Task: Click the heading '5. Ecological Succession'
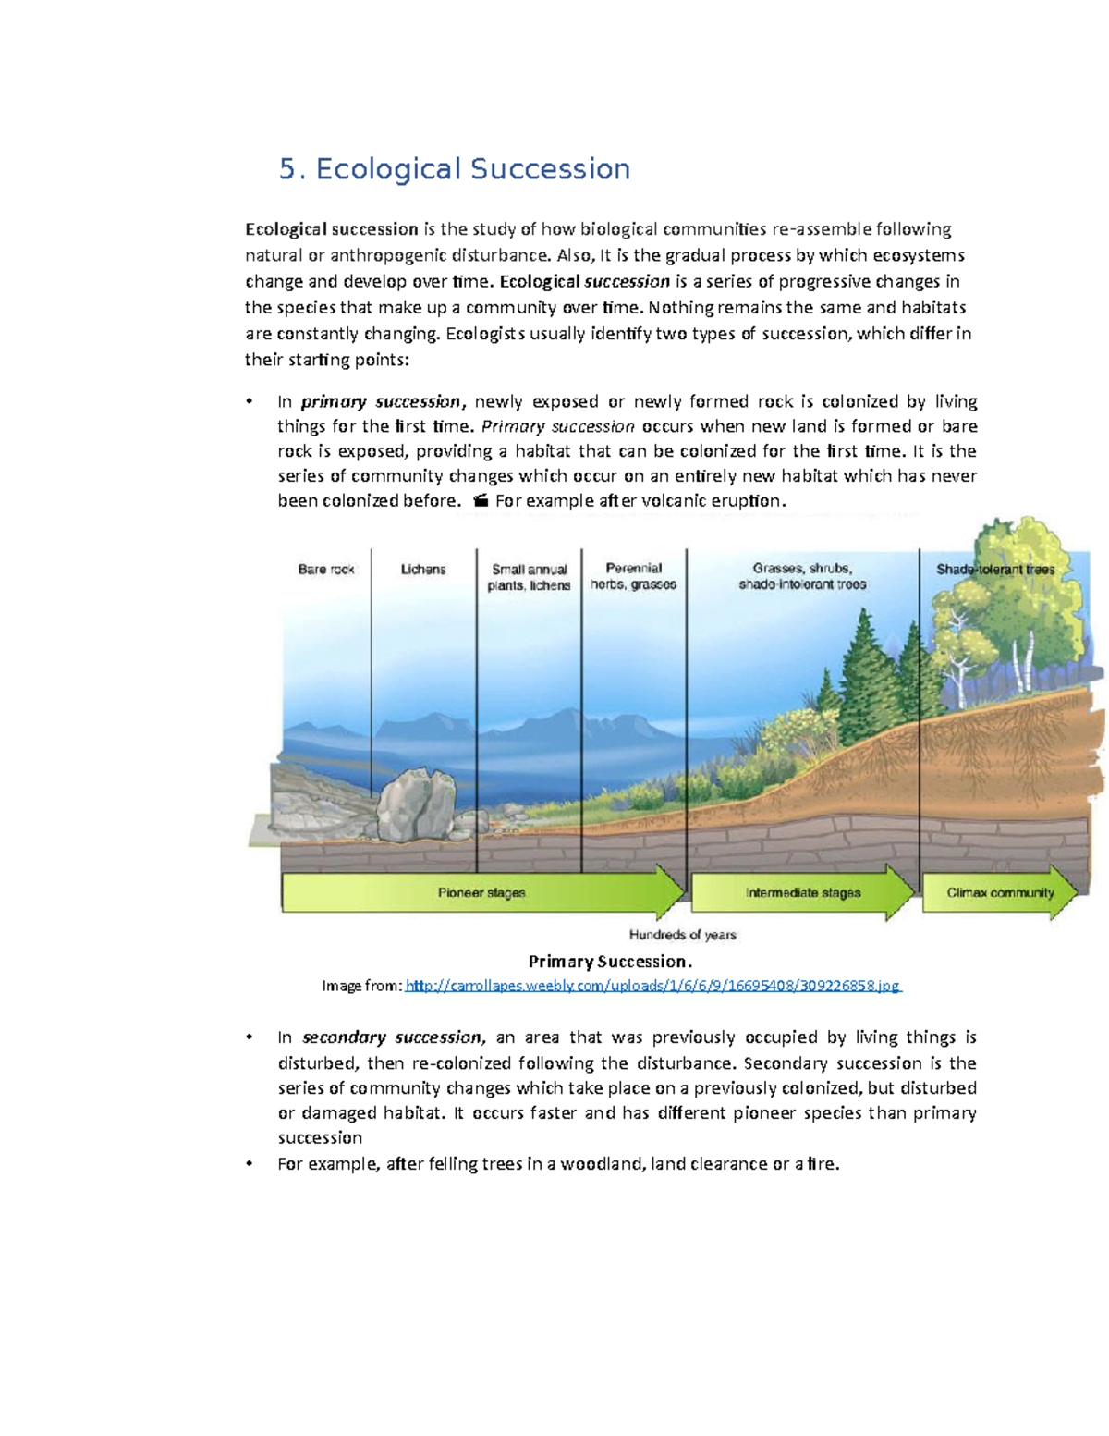(455, 169)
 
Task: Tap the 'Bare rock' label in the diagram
(325, 570)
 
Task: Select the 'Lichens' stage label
(423, 570)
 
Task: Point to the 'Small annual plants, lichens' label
(530, 578)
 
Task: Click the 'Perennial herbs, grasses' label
(634, 576)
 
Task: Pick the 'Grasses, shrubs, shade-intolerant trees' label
(802, 576)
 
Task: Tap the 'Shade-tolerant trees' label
(995, 570)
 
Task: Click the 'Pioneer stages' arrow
(481, 893)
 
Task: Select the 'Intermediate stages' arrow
(802, 893)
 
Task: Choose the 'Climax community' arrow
(1000, 893)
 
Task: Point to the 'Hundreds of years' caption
(682, 935)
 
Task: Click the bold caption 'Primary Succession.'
(610, 962)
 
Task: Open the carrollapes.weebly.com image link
(652, 986)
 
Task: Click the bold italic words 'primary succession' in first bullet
(381, 402)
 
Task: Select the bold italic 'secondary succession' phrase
(392, 1037)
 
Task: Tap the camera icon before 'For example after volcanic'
(480, 501)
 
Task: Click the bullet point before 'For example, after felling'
(249, 1164)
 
